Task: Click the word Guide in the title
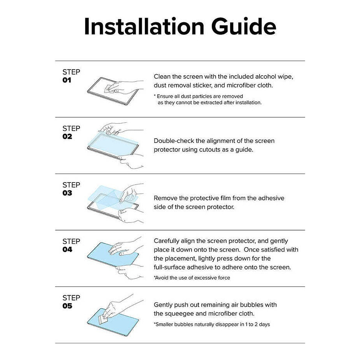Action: coord(243,26)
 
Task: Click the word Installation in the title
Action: coord(144,26)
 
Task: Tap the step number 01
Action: coord(67,80)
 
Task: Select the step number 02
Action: coord(67,136)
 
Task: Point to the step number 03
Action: coord(67,193)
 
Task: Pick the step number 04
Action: coord(67,249)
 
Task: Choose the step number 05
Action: coord(67,306)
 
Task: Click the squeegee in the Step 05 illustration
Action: coord(102,320)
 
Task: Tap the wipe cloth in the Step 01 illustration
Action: coord(110,88)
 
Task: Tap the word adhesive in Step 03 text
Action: coord(271,198)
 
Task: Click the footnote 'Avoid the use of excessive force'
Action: coord(192,278)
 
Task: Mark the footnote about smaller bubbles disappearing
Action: coord(212,324)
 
